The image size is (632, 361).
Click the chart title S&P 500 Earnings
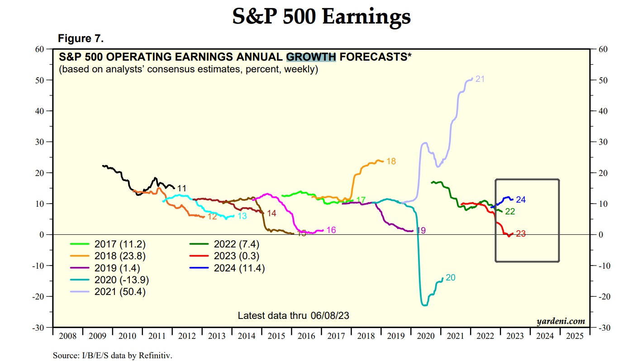coord(321,17)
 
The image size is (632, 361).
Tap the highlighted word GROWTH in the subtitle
coord(311,57)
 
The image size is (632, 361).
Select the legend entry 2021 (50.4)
coord(120,292)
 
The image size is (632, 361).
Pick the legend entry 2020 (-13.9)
coord(121,280)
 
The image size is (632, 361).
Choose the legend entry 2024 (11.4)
coord(239,268)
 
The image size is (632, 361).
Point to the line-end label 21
coord(480,79)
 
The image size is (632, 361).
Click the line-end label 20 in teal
coord(450,278)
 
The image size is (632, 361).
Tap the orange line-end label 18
coord(391,161)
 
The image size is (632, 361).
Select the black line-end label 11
coord(182,188)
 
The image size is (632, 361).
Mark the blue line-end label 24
coord(521,199)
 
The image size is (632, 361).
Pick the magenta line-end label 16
coord(331,230)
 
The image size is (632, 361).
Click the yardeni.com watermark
coord(561,321)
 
